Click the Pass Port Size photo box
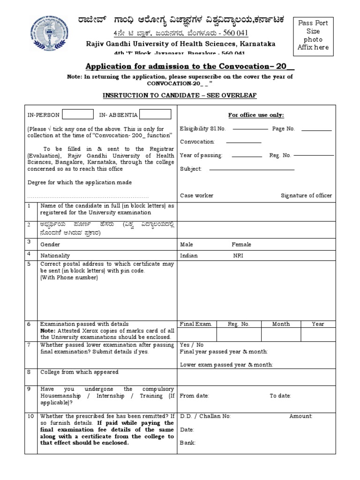[x=313, y=35]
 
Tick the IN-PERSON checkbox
[x=78, y=114]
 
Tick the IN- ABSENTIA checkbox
[x=155, y=114]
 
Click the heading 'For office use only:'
[x=256, y=115]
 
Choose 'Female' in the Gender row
[x=241, y=244]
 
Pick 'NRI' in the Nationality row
[x=239, y=255]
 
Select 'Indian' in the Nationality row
[x=189, y=255]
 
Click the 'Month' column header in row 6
[x=281, y=324]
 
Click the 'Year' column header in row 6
[x=318, y=324]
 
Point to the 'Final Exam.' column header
[x=196, y=324]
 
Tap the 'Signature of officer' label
[x=306, y=195]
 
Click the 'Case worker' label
[x=196, y=195]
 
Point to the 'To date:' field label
[x=280, y=396]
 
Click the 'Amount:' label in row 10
[x=301, y=416]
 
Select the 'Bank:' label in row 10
[x=188, y=442]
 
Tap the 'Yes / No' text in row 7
[x=192, y=345]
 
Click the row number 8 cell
[x=29, y=372]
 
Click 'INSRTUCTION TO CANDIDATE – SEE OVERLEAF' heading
[x=180, y=96]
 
